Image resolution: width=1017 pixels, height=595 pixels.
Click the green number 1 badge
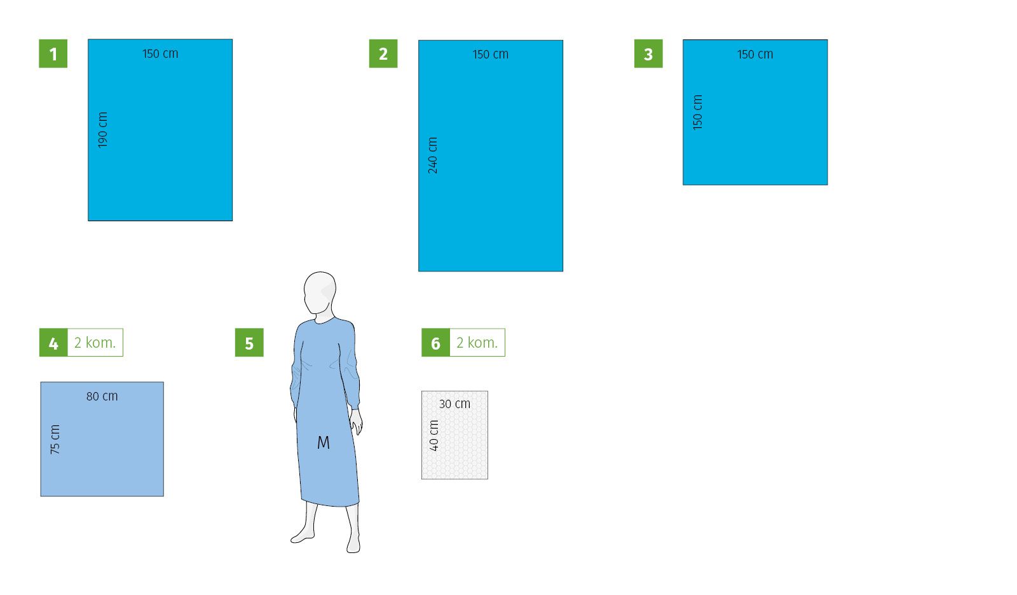pyautogui.click(x=53, y=53)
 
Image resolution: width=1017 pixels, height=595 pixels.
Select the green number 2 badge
pyautogui.click(x=383, y=53)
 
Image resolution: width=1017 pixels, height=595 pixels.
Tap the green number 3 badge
pyautogui.click(x=648, y=53)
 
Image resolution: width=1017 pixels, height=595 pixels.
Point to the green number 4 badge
pyautogui.click(x=53, y=343)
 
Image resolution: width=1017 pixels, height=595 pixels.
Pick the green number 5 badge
pyautogui.click(x=249, y=343)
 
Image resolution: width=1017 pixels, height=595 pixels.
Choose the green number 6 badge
pyautogui.click(x=436, y=343)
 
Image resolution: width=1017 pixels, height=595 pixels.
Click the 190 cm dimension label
pyautogui.click(x=103, y=130)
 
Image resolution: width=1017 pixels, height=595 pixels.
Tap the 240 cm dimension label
pyautogui.click(x=433, y=155)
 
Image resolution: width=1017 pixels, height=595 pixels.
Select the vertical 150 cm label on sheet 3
pyautogui.click(x=698, y=112)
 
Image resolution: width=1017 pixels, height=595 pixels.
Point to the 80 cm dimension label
pyautogui.click(x=102, y=396)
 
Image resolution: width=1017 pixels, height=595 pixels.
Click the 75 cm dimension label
pyautogui.click(x=55, y=439)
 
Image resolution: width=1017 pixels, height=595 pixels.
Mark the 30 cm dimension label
pyautogui.click(x=455, y=404)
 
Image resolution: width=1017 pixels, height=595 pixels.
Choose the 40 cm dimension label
pyautogui.click(x=434, y=435)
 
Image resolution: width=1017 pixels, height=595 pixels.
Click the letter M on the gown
pyautogui.click(x=324, y=442)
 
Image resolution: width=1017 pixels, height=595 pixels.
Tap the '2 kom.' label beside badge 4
pyautogui.click(x=95, y=343)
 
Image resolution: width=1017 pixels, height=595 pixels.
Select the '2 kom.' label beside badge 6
pyautogui.click(x=477, y=343)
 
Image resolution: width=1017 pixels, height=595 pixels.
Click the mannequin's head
pyautogui.click(x=320, y=292)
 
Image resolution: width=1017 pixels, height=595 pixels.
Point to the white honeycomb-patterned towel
pyautogui.click(x=455, y=435)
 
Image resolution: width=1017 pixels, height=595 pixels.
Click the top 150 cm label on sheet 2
pyautogui.click(x=490, y=55)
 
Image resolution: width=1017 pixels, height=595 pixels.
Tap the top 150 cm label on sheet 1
pyautogui.click(x=160, y=53)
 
